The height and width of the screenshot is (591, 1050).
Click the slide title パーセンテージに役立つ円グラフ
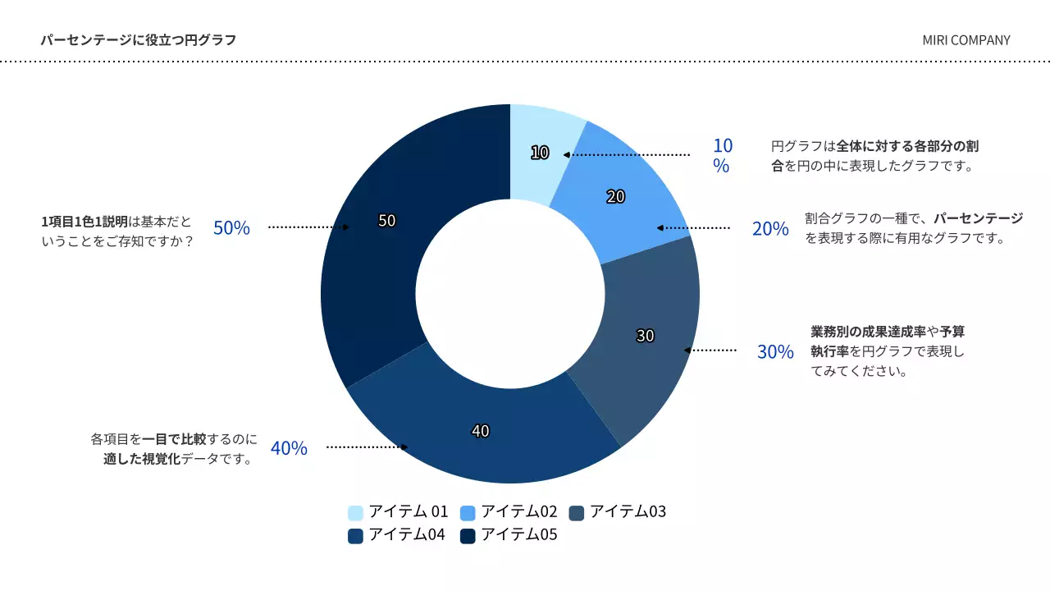click(x=138, y=40)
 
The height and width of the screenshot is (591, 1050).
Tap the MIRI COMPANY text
click(x=966, y=40)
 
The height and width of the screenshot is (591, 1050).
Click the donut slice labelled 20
click(x=617, y=197)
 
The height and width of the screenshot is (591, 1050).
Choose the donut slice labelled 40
click(x=482, y=432)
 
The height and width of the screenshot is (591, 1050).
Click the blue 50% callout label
click(x=231, y=228)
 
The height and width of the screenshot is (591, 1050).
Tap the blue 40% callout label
click(x=289, y=448)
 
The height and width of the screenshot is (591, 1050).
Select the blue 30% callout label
click(x=775, y=352)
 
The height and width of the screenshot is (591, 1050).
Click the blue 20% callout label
click(x=770, y=229)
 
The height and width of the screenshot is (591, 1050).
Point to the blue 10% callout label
click(x=722, y=155)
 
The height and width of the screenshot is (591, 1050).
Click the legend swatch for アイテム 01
click(x=355, y=513)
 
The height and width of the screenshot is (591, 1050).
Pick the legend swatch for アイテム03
click(x=576, y=513)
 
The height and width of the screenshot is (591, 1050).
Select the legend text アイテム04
click(x=407, y=535)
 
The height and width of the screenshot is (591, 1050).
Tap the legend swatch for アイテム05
click(x=468, y=536)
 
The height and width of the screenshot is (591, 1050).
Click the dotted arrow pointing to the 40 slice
click(x=367, y=447)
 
